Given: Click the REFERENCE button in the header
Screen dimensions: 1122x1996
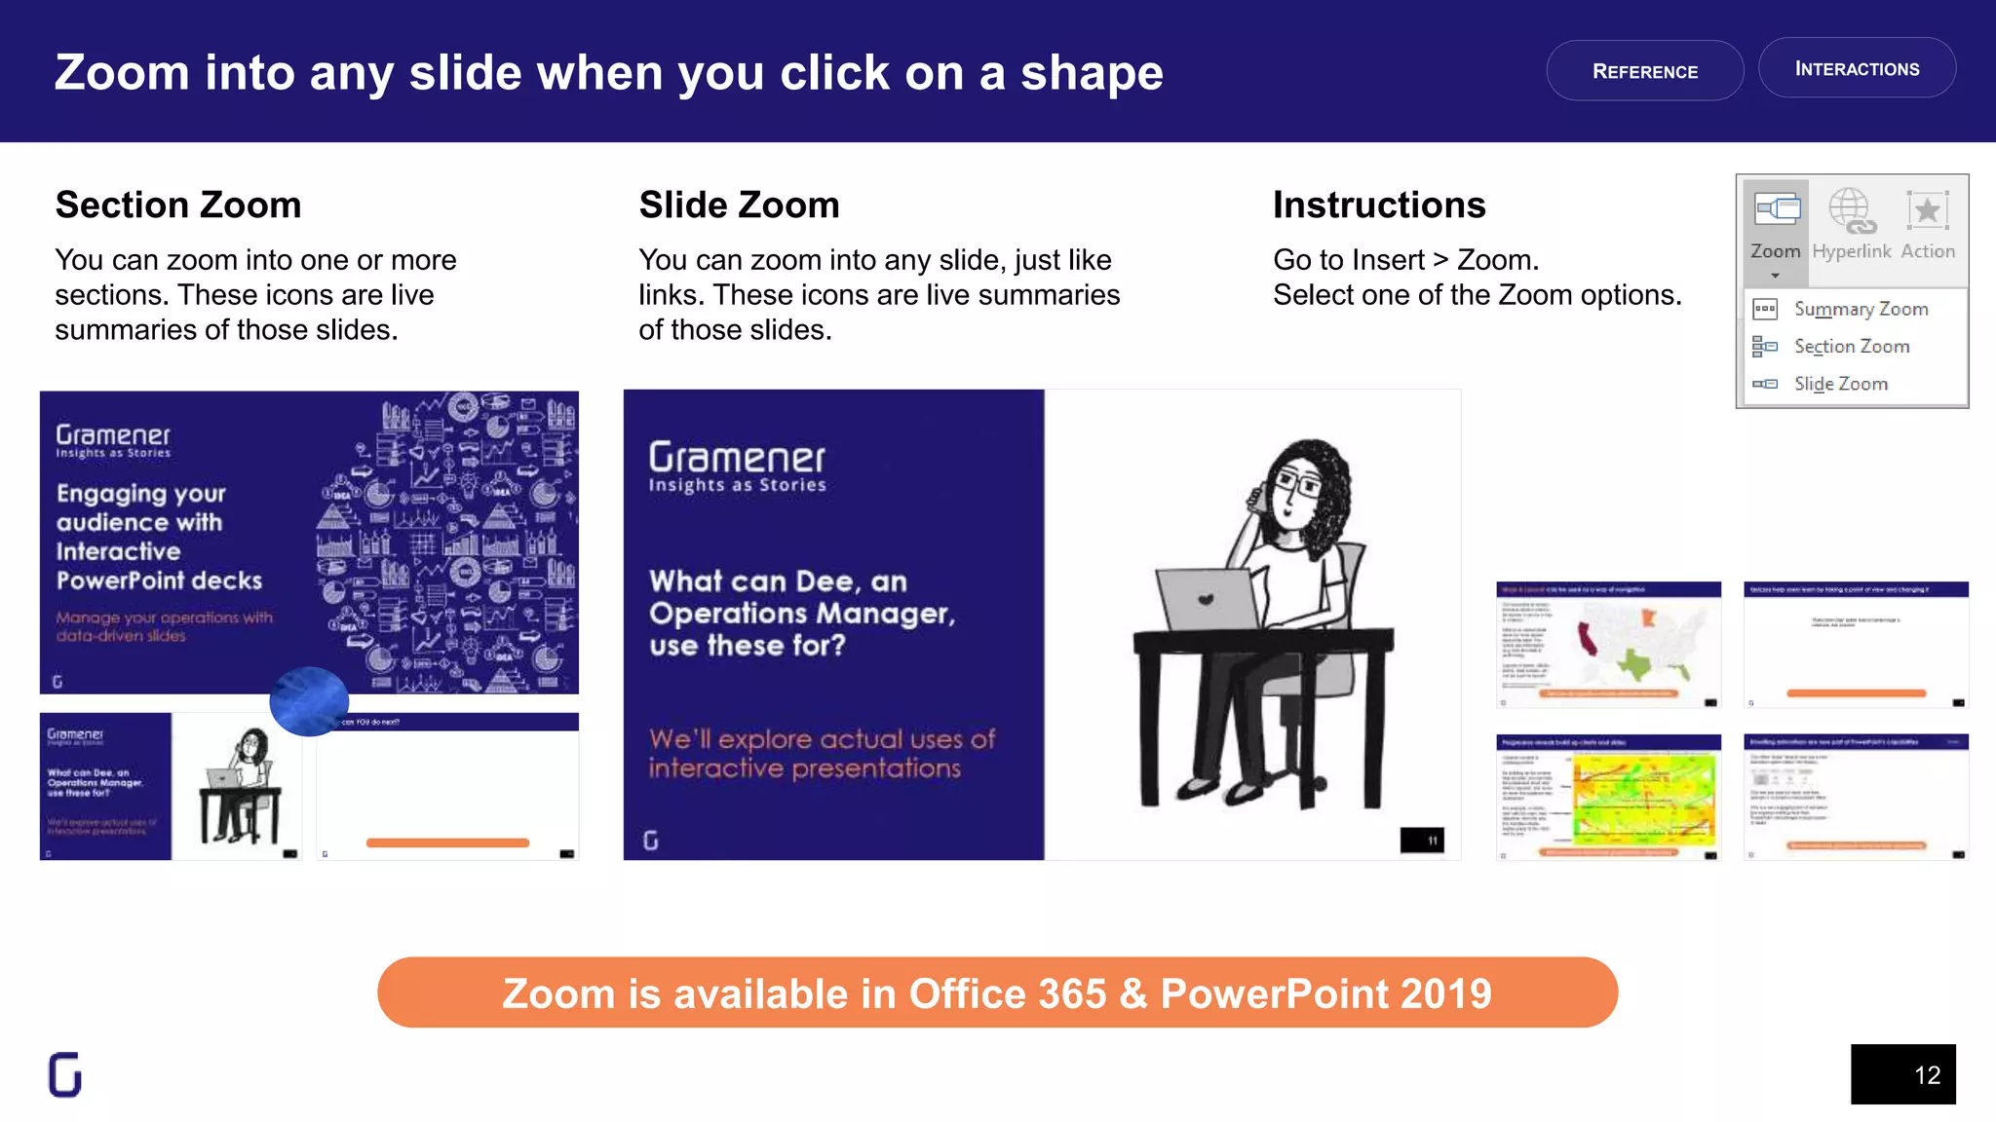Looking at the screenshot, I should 1644,71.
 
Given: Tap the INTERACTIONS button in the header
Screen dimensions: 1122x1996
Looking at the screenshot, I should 1857,68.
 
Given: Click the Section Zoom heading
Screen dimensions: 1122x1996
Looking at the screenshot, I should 178,205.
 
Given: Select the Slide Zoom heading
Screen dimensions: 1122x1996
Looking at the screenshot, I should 739,205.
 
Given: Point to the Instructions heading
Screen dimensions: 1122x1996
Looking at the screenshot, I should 1379,205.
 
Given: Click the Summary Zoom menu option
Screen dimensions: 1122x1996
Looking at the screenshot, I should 1861,309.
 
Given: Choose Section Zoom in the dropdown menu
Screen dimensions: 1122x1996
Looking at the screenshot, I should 1852,346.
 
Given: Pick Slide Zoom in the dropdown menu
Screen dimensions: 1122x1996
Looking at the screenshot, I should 1840,384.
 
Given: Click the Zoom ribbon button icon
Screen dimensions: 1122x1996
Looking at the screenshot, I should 1777,209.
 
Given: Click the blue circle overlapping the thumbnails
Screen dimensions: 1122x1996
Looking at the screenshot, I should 309,701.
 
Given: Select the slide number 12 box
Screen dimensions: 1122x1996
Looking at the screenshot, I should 1902,1074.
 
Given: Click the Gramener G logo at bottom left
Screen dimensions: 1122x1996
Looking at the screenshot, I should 65,1074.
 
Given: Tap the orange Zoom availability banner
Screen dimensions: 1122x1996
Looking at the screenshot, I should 997,992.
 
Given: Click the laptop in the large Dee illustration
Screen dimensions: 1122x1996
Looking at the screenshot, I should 1207,599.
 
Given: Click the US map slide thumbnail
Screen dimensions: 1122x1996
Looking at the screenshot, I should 1608,645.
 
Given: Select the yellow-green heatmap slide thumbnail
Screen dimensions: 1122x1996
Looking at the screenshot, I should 1608,798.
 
